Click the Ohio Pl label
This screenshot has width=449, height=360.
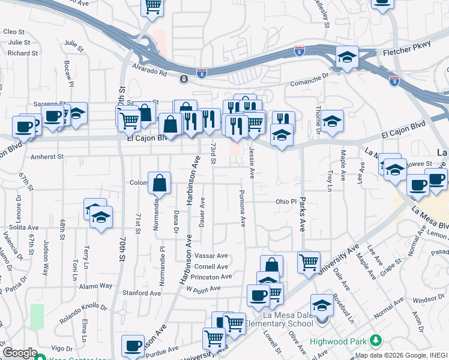coord(286,202)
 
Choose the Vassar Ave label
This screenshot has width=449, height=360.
coord(211,256)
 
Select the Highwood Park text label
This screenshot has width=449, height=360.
coord(338,341)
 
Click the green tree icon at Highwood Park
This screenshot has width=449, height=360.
coord(376,341)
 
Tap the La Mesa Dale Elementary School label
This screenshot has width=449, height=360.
coord(284,317)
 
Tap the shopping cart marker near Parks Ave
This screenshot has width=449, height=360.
coord(309,262)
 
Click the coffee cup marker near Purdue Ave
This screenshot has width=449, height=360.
coord(133,346)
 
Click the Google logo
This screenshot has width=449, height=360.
coord(20,353)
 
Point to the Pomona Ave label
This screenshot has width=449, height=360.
coord(243,209)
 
